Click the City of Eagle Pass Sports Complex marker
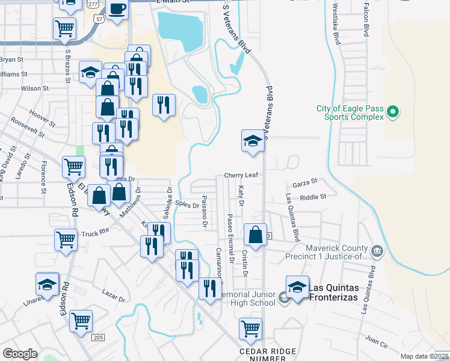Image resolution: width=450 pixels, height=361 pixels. point(393,112)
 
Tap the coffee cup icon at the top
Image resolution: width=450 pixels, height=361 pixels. point(118,10)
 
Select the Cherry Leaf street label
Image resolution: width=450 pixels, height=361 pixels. point(241,175)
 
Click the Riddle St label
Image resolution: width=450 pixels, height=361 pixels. point(313,197)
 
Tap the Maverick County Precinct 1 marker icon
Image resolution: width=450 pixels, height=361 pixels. point(377,250)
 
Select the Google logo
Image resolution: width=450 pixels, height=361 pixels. point(20,353)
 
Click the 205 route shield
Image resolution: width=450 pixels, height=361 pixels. point(98,338)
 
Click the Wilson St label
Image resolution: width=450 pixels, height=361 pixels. point(34,88)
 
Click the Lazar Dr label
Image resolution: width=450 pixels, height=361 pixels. point(113,298)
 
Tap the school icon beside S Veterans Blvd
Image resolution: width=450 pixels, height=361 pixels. point(253,142)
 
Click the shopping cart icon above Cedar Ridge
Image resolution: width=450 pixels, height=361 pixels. point(250,329)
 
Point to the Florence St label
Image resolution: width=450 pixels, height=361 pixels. point(44,176)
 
